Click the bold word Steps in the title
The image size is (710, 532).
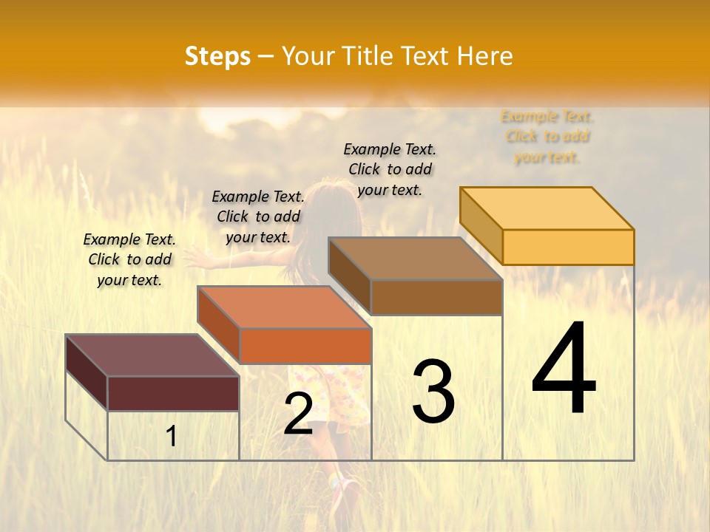217,56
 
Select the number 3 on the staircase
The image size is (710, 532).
433,392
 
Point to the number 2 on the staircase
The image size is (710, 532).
298,413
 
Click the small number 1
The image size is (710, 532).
171,436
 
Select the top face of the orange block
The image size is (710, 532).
284,307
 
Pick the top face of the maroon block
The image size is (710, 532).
152,355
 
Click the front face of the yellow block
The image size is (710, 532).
568,247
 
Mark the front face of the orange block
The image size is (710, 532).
305,346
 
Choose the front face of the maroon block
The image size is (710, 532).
173,393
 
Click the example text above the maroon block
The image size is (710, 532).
129,259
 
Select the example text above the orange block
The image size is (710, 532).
258,216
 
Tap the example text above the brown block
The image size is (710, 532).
390,169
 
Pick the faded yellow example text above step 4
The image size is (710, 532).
547,137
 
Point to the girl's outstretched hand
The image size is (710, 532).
194,256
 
